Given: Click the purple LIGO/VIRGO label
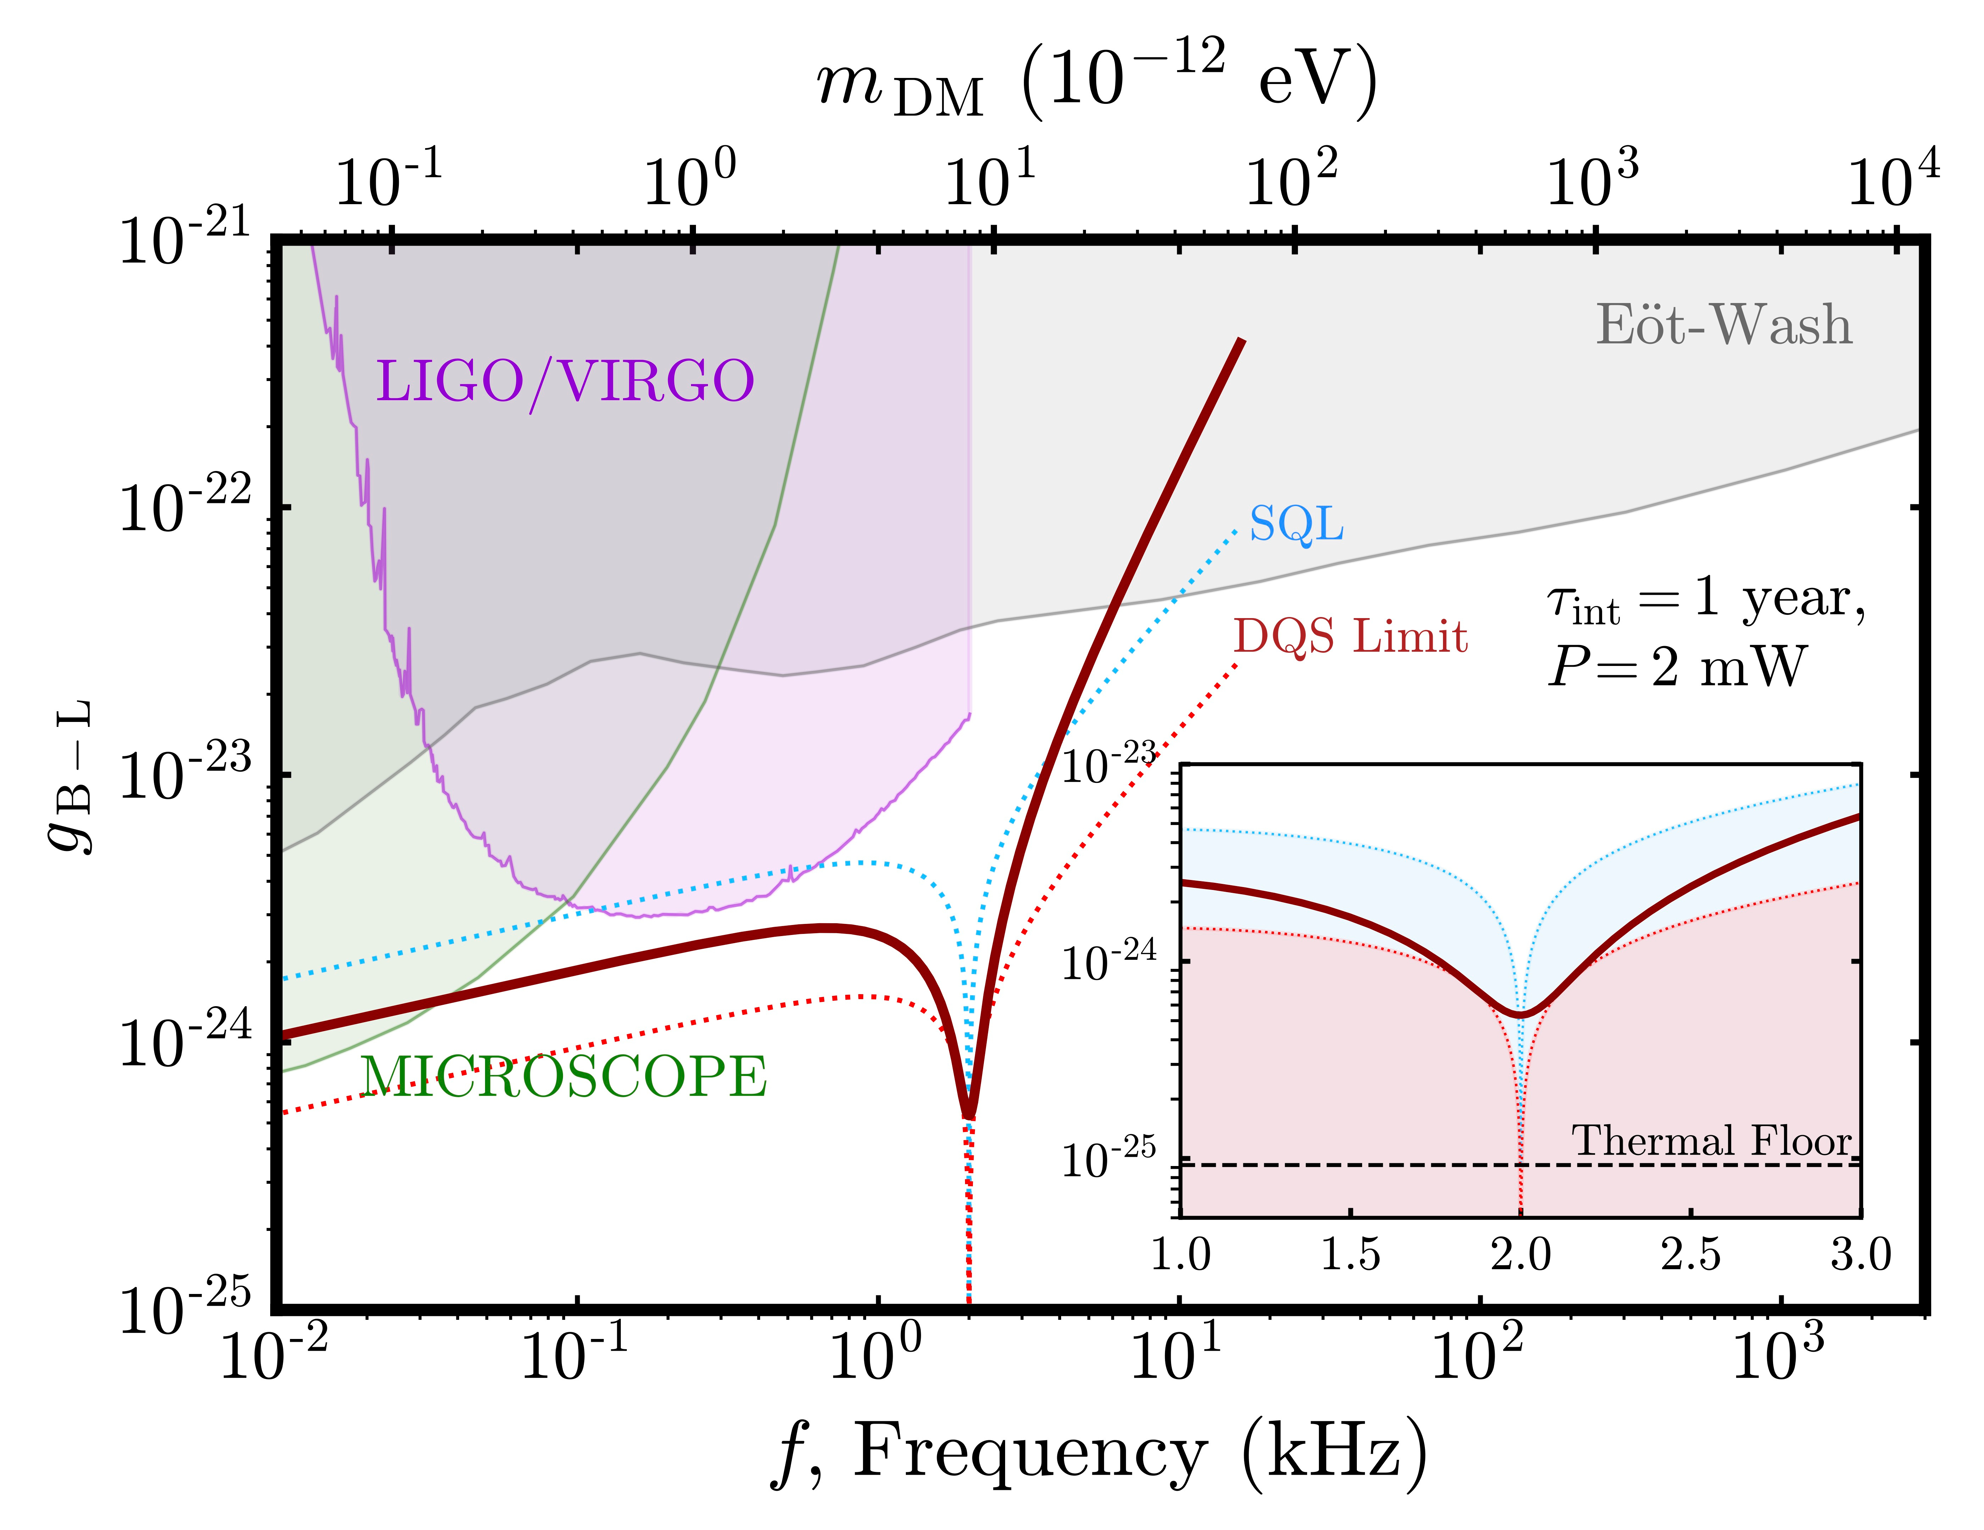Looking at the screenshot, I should click(x=565, y=381).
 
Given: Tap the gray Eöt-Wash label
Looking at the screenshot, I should click(x=1723, y=325).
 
